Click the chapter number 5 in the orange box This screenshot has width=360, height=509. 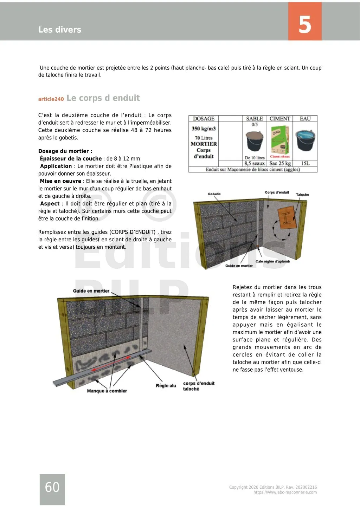point(305,24)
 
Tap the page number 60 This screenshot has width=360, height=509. point(52,487)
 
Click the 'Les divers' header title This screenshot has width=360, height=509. point(60,30)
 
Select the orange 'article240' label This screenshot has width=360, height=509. point(51,99)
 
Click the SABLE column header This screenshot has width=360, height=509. point(255,119)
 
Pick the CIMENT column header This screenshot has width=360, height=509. point(280,119)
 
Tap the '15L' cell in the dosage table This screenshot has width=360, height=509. point(305,163)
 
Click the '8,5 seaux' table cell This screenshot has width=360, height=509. point(255,163)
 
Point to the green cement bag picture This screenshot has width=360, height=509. point(280,141)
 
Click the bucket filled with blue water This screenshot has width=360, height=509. point(305,140)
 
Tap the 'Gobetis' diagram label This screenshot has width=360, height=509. point(214,194)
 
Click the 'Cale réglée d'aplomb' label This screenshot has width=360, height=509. point(272,261)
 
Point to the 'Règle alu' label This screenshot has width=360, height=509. point(166,386)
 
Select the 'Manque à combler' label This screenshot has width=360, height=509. point(107,391)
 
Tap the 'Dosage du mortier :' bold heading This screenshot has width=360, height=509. point(65,151)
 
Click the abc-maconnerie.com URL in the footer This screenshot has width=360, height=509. point(285,492)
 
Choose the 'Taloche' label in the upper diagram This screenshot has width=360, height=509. point(302,195)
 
